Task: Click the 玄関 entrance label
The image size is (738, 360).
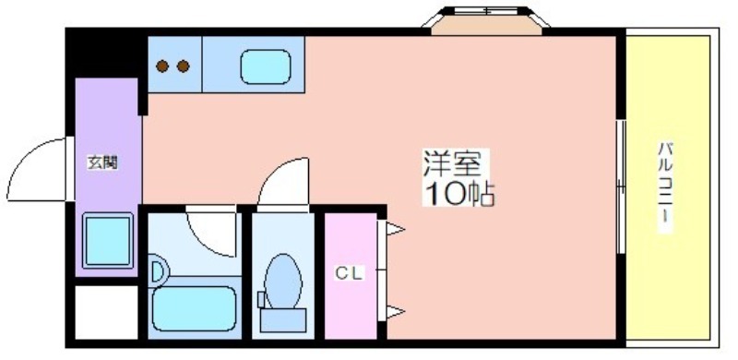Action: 102,163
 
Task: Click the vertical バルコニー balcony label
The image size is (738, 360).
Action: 666,186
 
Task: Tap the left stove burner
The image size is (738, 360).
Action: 163,66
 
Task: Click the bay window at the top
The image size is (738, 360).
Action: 486,20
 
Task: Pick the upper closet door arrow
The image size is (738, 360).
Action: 394,230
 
